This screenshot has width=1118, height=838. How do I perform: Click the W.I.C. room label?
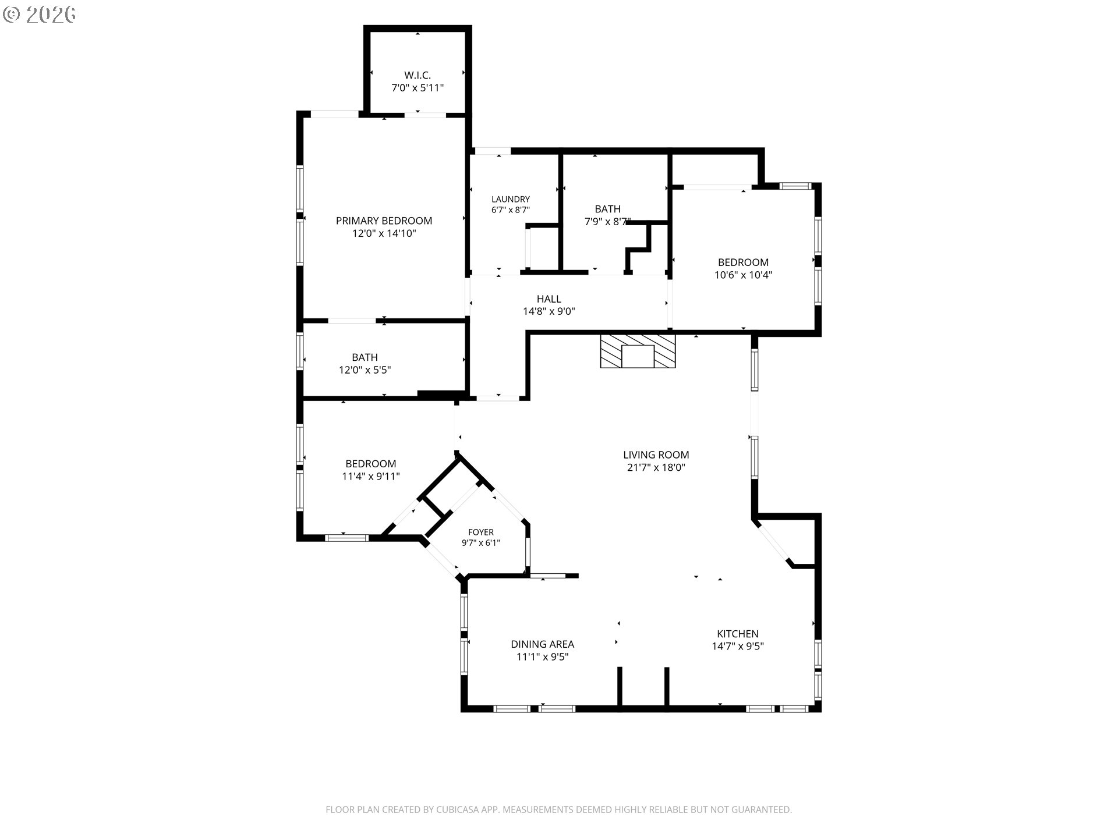(x=418, y=75)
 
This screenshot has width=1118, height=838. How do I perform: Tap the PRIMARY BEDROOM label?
(x=384, y=221)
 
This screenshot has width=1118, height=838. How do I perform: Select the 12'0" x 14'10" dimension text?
(x=384, y=233)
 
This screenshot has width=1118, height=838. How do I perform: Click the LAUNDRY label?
(x=511, y=199)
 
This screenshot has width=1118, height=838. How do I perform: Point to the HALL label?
(x=549, y=299)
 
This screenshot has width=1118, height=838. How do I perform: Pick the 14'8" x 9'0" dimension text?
(x=549, y=311)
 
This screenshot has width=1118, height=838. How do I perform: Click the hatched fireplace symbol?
(x=638, y=351)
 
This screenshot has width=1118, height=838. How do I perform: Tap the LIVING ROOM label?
(x=656, y=455)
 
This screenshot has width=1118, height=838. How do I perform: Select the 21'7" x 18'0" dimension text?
(x=656, y=467)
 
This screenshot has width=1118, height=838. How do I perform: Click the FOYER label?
(x=481, y=532)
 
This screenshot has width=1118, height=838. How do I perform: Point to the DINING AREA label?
(x=543, y=644)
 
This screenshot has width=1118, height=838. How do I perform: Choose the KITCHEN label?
(x=738, y=634)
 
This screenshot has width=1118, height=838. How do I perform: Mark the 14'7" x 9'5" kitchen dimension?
(x=738, y=646)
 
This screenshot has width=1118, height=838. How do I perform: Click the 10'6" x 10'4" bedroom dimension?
(x=744, y=275)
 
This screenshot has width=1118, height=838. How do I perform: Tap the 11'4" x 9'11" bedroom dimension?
(x=371, y=476)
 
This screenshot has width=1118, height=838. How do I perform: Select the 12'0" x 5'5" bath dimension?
(x=365, y=370)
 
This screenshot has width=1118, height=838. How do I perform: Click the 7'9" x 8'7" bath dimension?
(x=607, y=221)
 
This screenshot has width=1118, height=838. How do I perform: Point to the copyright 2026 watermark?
(x=40, y=14)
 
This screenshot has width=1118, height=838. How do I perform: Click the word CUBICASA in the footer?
(x=459, y=809)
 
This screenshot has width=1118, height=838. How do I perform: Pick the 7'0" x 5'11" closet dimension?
(x=418, y=88)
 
